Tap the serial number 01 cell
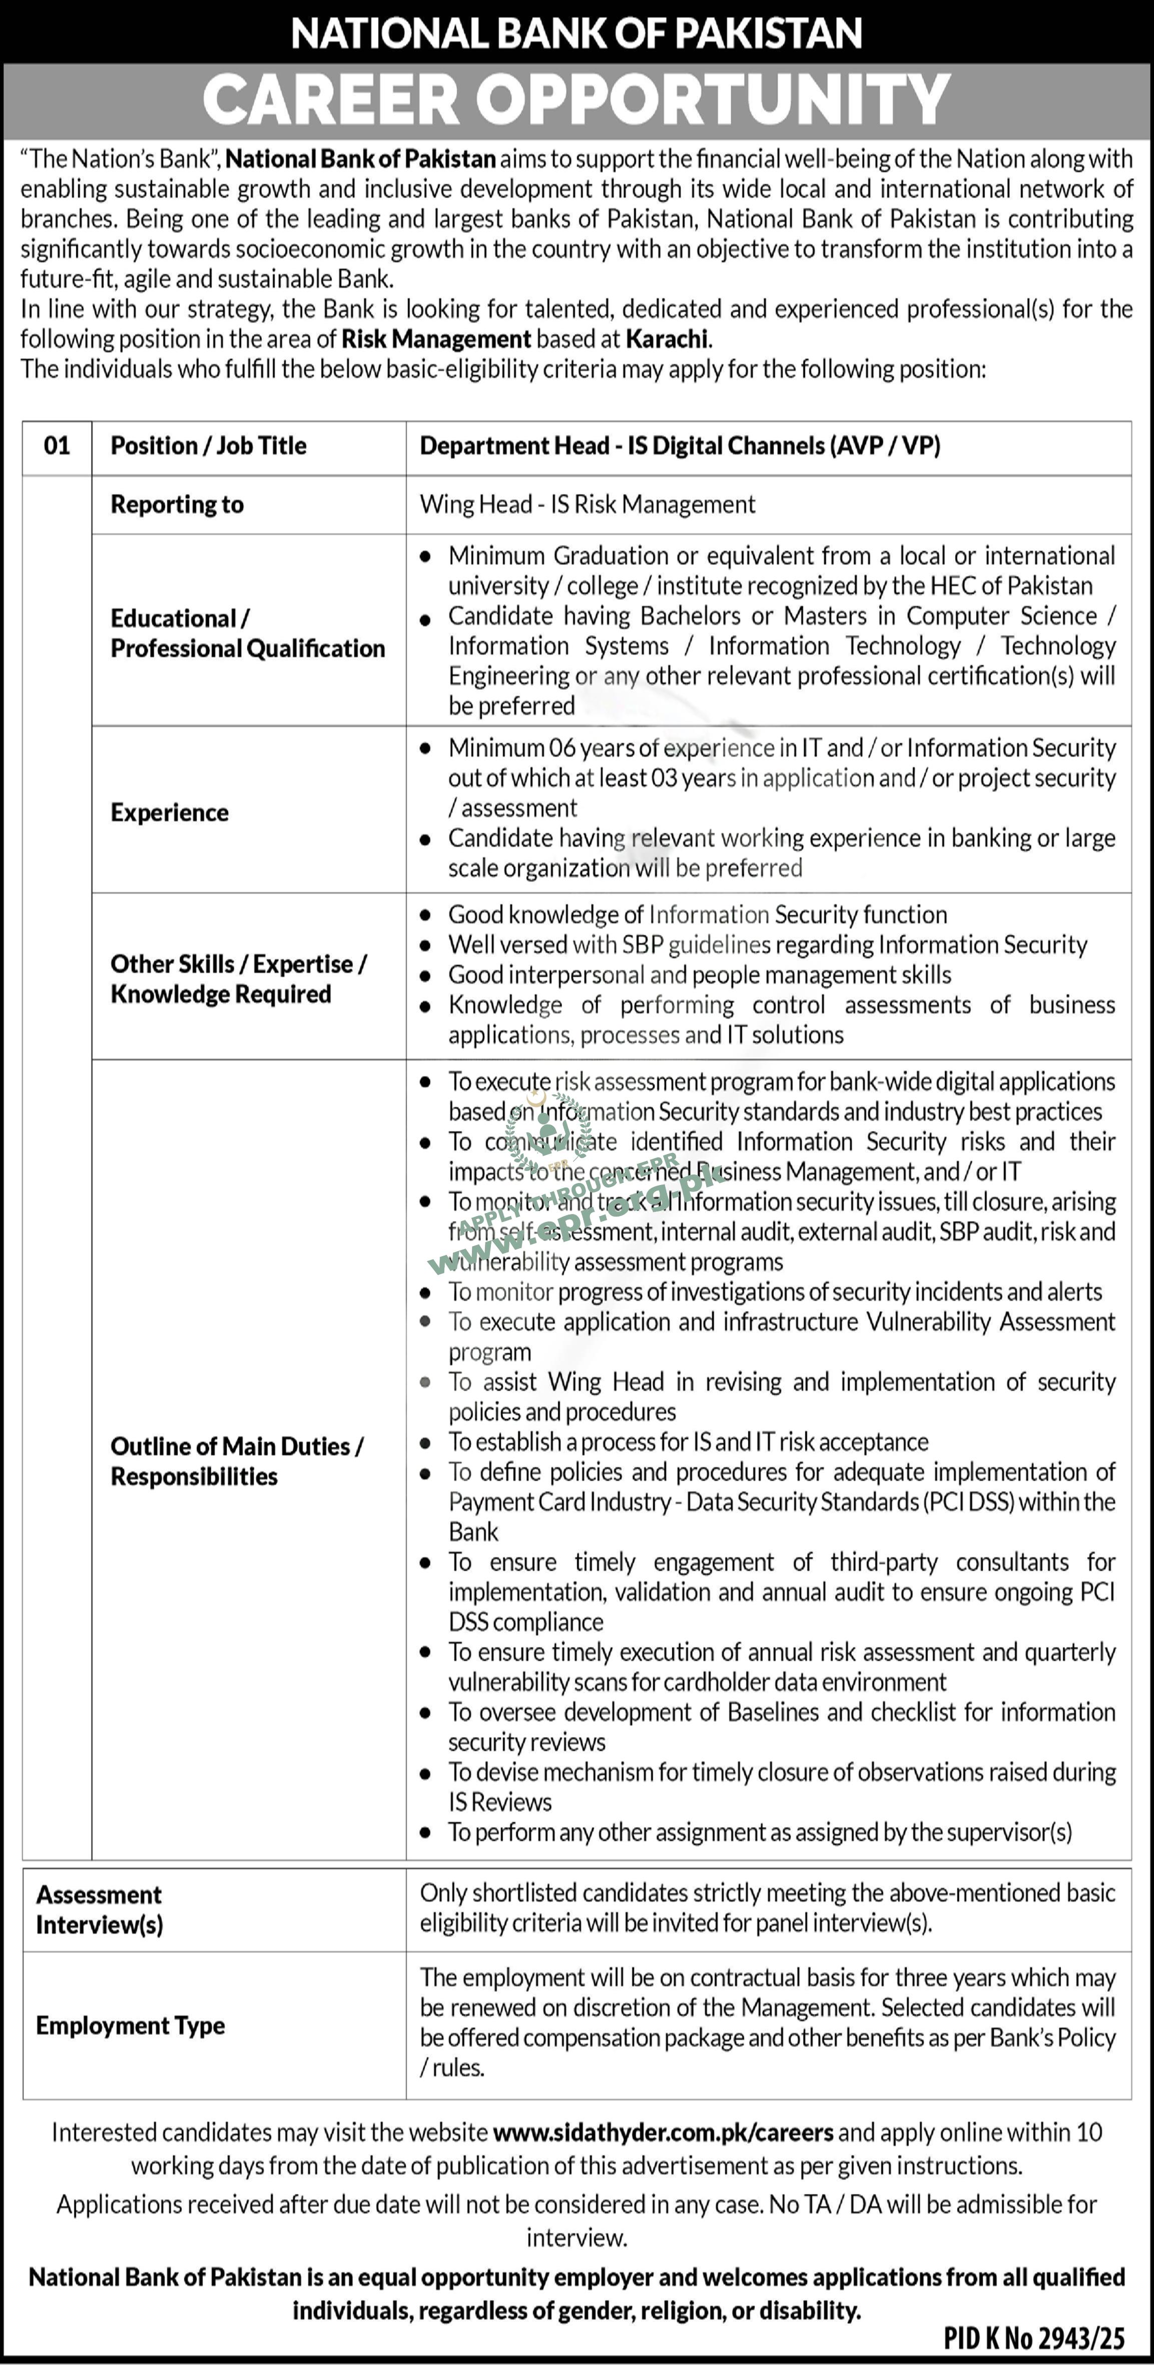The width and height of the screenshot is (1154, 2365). [x=57, y=446]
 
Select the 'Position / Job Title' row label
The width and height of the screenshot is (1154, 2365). [x=208, y=446]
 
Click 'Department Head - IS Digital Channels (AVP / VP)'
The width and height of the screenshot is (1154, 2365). [x=680, y=446]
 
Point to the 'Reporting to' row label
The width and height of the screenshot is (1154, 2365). [x=177, y=505]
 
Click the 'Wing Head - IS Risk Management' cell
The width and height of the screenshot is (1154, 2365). [x=588, y=505]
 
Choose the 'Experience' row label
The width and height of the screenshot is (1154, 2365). [x=170, y=813]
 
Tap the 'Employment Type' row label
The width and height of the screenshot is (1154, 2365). [x=131, y=2025]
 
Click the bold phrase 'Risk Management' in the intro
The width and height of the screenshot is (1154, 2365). [x=436, y=339]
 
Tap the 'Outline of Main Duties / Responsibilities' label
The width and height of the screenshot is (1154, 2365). [x=237, y=1462]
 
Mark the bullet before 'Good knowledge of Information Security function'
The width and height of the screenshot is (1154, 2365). [x=425, y=915]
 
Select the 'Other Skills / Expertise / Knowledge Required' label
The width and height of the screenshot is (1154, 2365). [x=239, y=979]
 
